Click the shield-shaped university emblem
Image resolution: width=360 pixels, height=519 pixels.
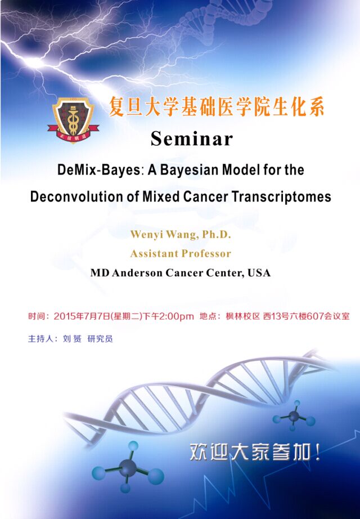74,120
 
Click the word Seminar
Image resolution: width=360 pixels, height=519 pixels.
192,138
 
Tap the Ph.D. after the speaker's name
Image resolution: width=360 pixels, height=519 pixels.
217,234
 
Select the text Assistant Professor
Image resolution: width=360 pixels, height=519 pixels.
181,253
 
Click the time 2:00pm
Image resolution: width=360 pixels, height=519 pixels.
177,316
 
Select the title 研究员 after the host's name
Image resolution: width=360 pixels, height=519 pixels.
100,339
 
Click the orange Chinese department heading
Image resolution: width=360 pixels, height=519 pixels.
217,108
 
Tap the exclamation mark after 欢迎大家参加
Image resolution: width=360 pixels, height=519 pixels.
318,452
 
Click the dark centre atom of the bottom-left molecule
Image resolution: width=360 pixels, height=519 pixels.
128,468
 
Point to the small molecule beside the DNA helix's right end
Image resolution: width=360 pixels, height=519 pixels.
294,416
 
